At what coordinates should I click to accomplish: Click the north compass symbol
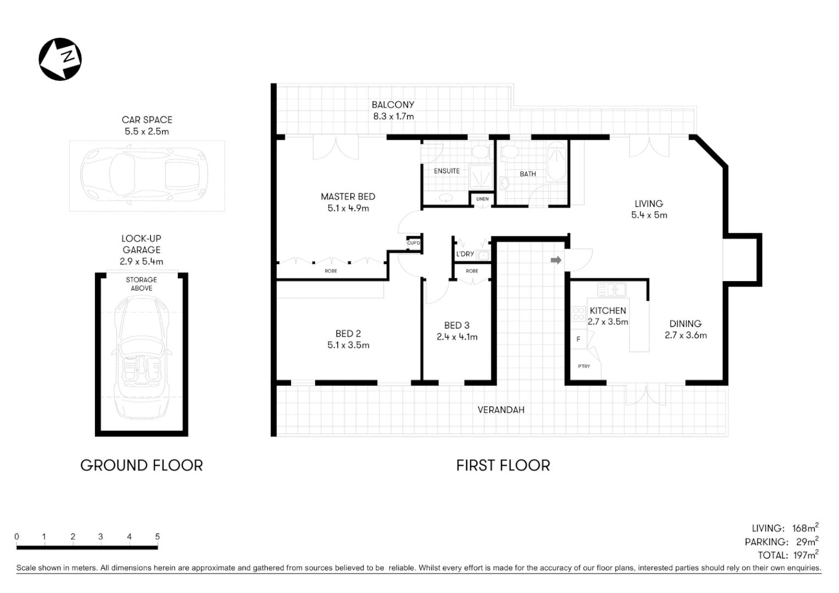(x=60, y=59)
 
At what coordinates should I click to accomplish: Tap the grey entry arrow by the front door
(x=556, y=260)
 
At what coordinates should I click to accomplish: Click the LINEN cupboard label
(x=483, y=199)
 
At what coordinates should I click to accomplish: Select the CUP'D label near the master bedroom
(x=413, y=243)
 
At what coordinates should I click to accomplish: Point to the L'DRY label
(x=465, y=254)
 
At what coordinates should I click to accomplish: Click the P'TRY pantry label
(x=584, y=366)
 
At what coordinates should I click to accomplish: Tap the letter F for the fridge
(x=578, y=339)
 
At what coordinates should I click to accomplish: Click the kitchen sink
(x=612, y=289)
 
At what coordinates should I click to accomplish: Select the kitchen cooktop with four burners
(x=579, y=314)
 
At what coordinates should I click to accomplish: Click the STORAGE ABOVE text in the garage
(x=141, y=284)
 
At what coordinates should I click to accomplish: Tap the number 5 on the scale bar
(x=157, y=537)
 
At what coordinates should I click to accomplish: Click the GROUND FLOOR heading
(x=142, y=466)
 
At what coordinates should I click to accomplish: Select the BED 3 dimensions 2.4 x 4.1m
(x=457, y=337)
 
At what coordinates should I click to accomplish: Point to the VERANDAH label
(x=501, y=410)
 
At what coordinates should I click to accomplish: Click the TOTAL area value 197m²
(x=806, y=555)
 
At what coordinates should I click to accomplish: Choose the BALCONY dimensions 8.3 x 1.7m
(x=393, y=116)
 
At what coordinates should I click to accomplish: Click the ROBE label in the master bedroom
(x=331, y=271)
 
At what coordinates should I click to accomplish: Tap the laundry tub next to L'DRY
(x=484, y=255)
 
